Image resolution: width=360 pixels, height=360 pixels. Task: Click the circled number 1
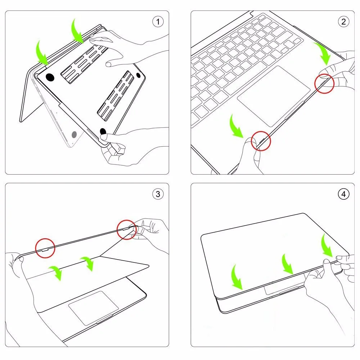pos(158,22)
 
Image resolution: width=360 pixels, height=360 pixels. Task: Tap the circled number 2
pos(343,22)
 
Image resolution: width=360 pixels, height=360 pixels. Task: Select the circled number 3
pos(158,194)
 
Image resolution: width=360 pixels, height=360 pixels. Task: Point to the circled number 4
pos(343,194)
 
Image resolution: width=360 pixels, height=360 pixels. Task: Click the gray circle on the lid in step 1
pos(75,135)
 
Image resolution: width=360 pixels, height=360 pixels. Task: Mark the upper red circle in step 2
pos(324,84)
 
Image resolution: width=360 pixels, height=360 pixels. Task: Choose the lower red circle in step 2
pos(261,140)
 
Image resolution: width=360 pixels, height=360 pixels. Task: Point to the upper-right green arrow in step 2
pos(323,54)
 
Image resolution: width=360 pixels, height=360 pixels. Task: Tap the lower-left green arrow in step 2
pos(236,126)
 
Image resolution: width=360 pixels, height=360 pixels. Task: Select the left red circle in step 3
pos(45,248)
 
